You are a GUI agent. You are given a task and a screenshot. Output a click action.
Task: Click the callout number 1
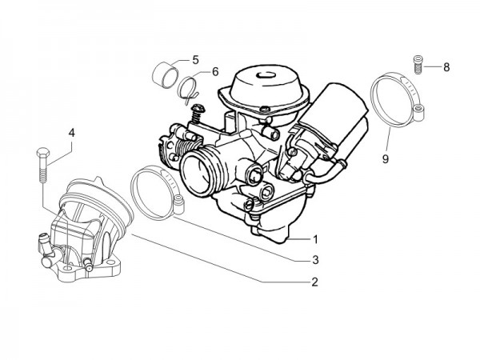(315, 239)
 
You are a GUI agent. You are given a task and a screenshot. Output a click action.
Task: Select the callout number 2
(315, 281)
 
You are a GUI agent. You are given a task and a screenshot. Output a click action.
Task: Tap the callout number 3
(315, 260)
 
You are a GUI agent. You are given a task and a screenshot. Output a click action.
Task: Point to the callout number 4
(71, 132)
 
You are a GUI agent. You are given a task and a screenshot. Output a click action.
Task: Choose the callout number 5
(194, 61)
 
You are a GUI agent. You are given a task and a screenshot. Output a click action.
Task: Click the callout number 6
(215, 72)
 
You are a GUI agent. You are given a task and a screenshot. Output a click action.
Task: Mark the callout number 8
(446, 67)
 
